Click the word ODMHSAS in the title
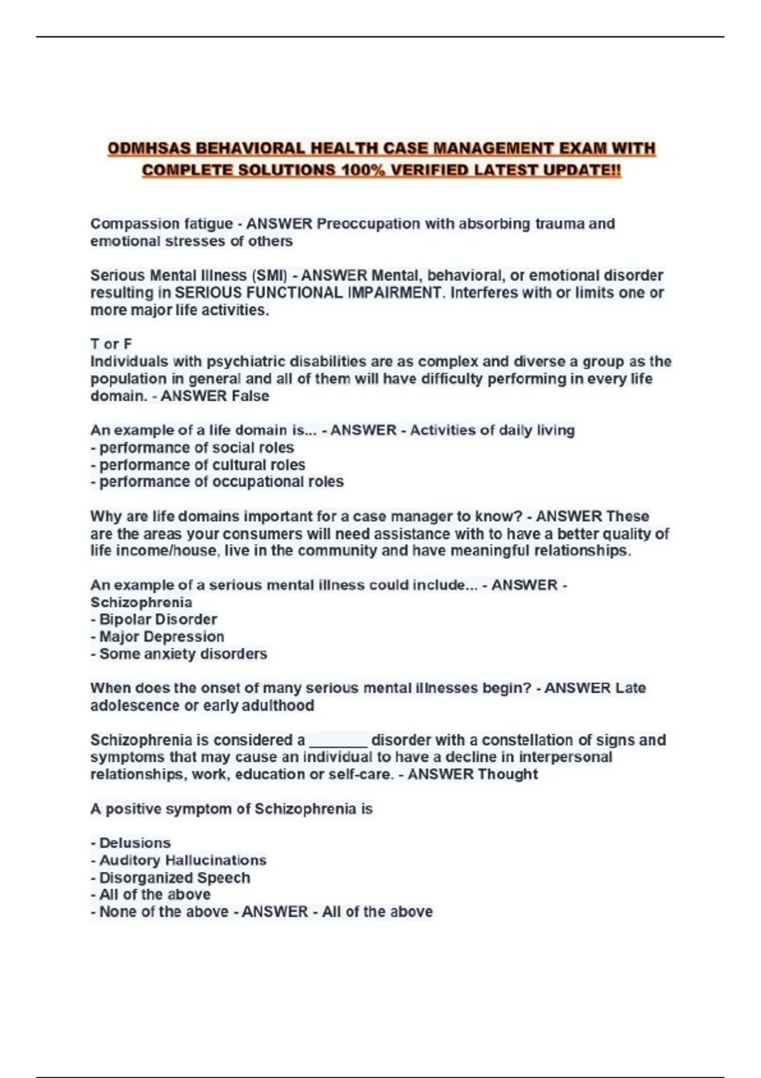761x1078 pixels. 149,149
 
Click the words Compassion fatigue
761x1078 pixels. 161,224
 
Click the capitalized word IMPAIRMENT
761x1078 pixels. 393,293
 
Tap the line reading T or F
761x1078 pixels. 111,344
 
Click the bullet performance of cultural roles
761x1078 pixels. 198,465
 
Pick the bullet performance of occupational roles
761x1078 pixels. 217,482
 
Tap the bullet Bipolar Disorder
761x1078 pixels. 154,620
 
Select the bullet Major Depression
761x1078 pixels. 157,637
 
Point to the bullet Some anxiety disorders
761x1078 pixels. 179,654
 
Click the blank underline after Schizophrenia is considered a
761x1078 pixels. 338,742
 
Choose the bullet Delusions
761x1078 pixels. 131,843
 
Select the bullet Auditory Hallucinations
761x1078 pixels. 178,860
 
